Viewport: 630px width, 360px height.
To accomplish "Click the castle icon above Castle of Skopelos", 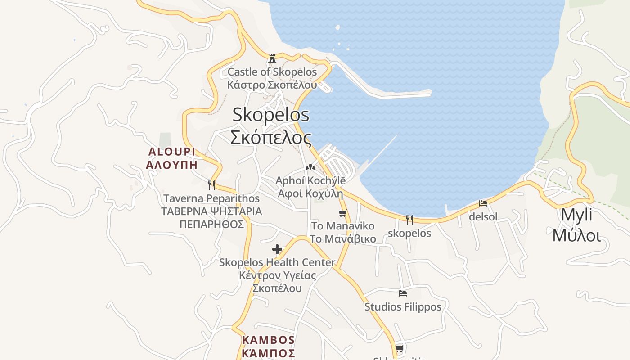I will (x=272, y=58).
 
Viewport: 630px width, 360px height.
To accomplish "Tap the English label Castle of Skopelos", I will (x=272, y=72).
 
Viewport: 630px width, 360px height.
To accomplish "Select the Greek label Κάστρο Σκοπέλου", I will (x=272, y=85).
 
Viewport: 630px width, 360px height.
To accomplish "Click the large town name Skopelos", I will (x=271, y=115).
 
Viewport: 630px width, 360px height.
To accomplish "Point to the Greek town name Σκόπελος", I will (x=271, y=137).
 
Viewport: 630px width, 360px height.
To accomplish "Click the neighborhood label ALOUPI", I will (x=172, y=151).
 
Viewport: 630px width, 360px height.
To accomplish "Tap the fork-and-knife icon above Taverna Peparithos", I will (x=211, y=185).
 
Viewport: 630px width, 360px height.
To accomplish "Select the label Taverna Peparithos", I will (x=211, y=198).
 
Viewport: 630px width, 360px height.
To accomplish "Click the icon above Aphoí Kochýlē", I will (x=310, y=167).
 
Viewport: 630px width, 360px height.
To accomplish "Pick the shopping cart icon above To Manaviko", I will (x=343, y=213).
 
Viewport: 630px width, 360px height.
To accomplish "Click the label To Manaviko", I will (x=343, y=226).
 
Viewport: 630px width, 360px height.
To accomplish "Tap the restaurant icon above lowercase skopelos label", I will (x=409, y=220).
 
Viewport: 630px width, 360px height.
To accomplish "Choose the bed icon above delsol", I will (x=483, y=203).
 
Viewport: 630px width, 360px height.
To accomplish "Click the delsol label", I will (x=483, y=217).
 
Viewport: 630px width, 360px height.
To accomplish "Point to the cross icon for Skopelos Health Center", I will (x=277, y=249).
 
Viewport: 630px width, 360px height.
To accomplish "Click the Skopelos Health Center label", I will (x=277, y=262).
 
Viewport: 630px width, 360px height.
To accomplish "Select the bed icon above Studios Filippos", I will (x=403, y=293).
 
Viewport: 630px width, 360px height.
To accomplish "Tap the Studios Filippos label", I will (x=403, y=307).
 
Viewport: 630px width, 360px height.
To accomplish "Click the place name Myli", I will (x=576, y=215).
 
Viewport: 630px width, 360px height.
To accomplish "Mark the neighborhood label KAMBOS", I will (x=268, y=340).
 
